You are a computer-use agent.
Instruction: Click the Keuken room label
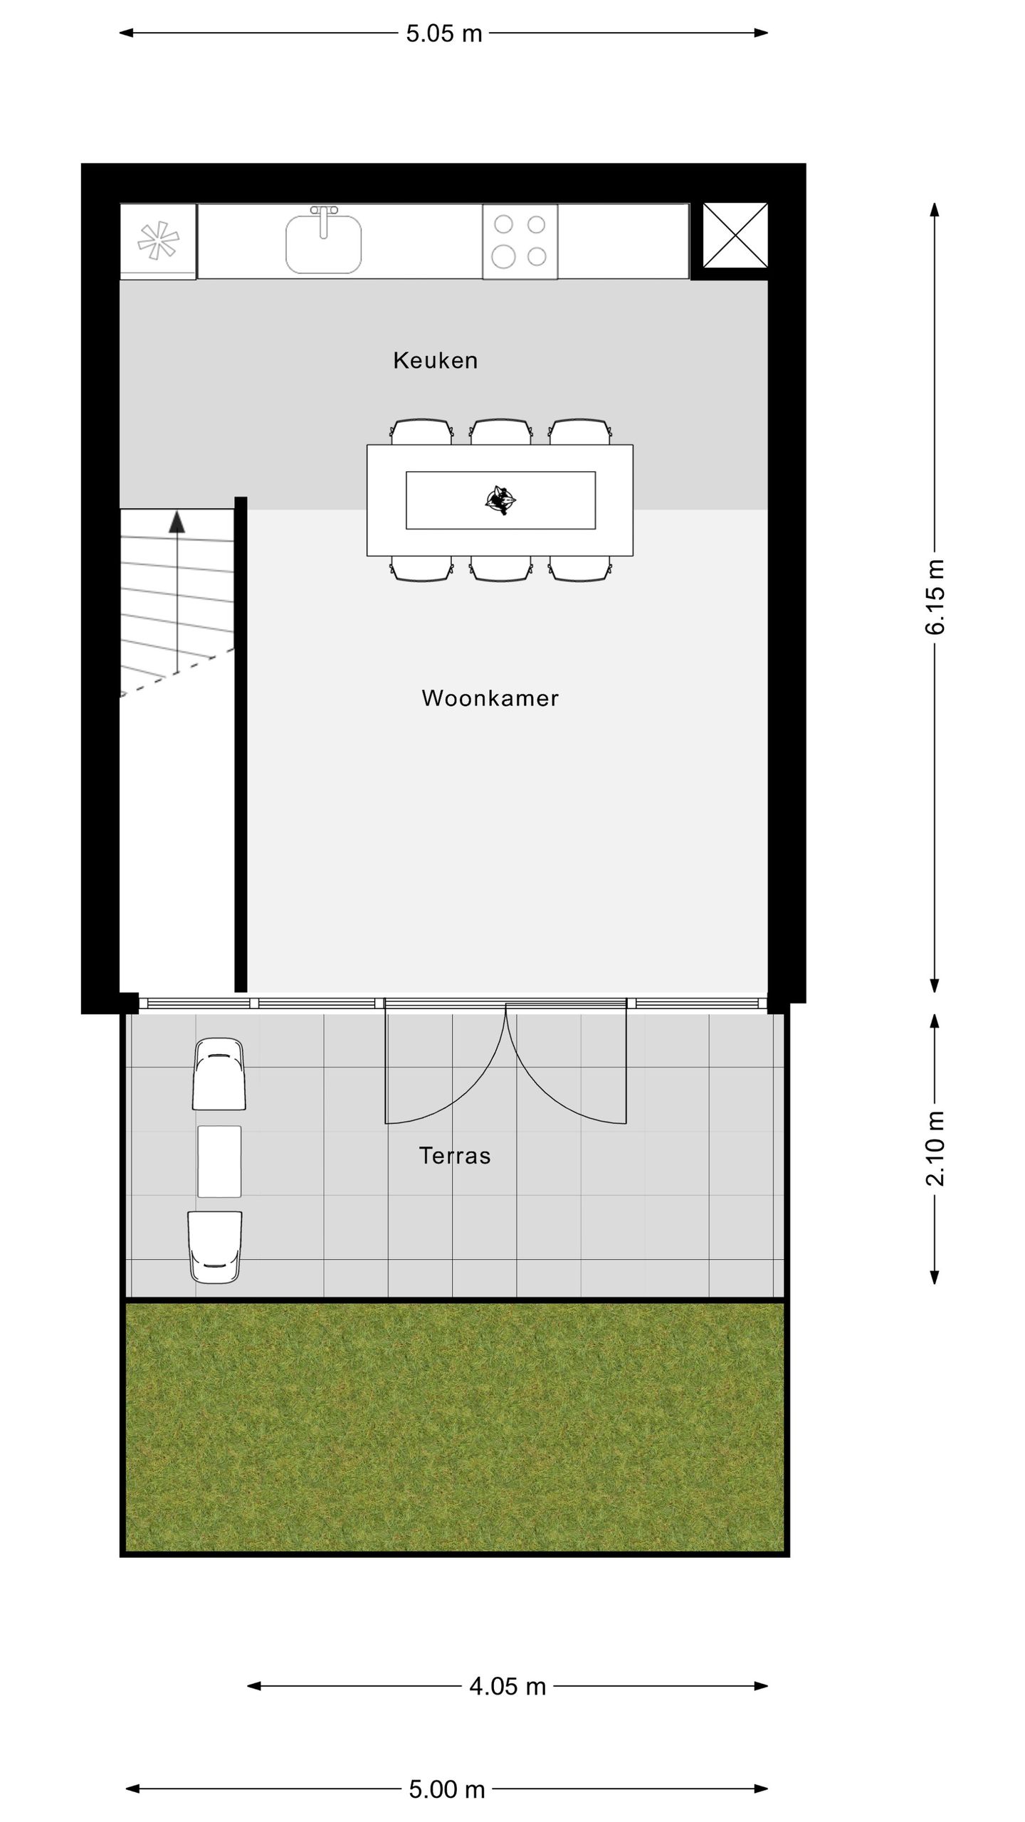[x=435, y=361]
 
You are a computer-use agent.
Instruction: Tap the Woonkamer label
[x=490, y=698]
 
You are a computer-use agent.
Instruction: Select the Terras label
[x=455, y=1155]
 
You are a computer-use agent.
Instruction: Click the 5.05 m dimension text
[x=443, y=33]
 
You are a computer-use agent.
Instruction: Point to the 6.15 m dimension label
[x=935, y=597]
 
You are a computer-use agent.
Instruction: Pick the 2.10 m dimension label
[x=935, y=1148]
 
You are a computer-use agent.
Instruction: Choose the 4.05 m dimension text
[x=507, y=1686]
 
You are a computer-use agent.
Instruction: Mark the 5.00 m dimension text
[x=446, y=1789]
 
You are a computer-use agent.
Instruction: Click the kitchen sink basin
[x=323, y=246]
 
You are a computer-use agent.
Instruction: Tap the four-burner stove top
[x=520, y=241]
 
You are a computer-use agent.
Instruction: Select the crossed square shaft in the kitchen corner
[x=735, y=236]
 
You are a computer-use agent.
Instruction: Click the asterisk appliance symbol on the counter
[x=158, y=240]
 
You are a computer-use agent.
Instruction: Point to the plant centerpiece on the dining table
[x=500, y=500]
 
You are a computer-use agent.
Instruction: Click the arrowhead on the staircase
[x=177, y=522]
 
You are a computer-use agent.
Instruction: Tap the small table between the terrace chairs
[x=219, y=1162]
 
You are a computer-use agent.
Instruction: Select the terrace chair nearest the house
[x=219, y=1075]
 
